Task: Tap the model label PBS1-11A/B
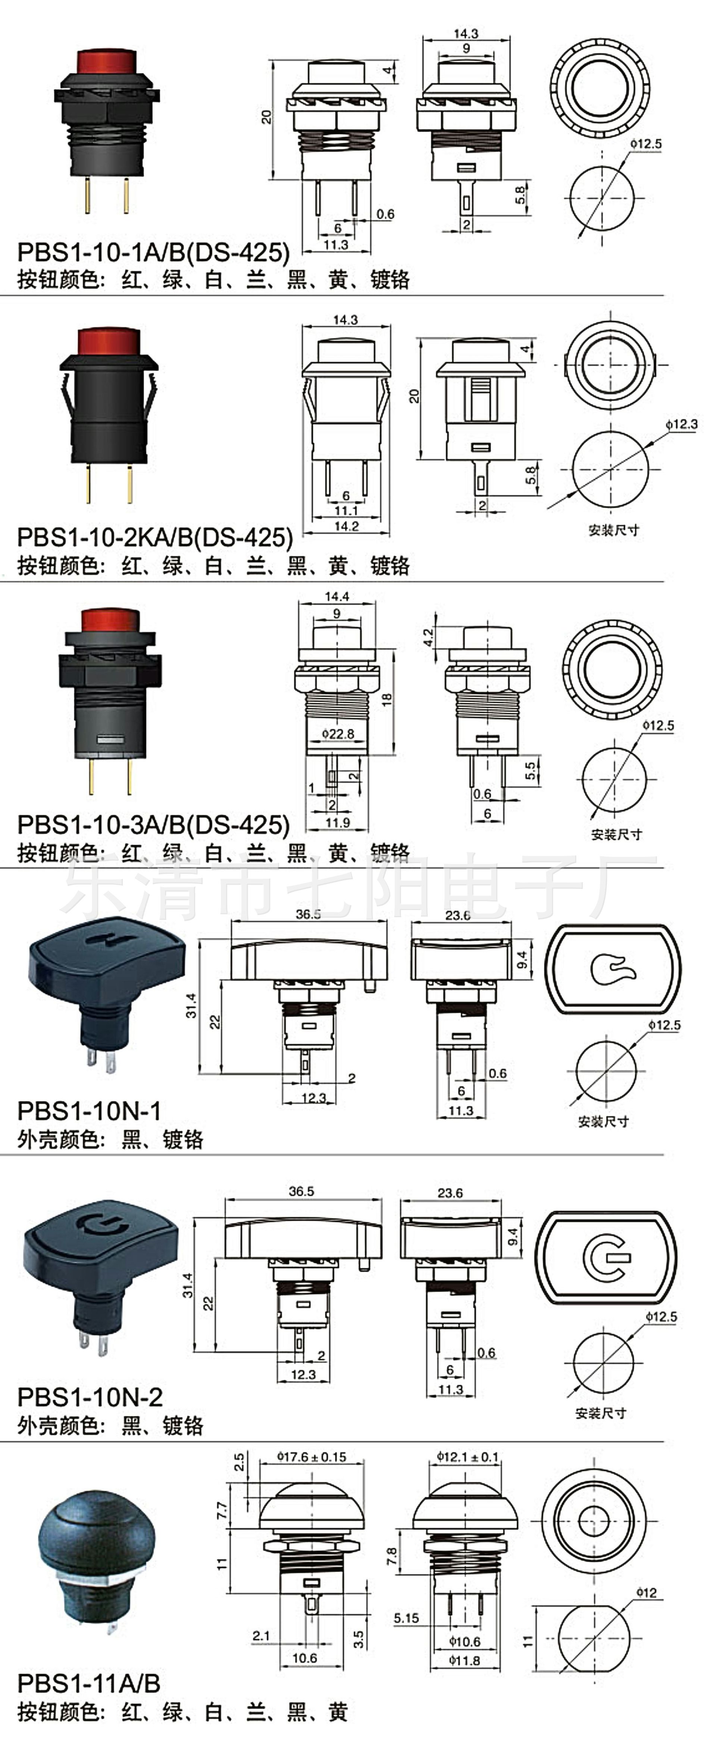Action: coord(88,1683)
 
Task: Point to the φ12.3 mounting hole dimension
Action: coord(681,424)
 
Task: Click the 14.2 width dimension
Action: coord(346,525)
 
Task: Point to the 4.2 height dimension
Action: coord(428,637)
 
